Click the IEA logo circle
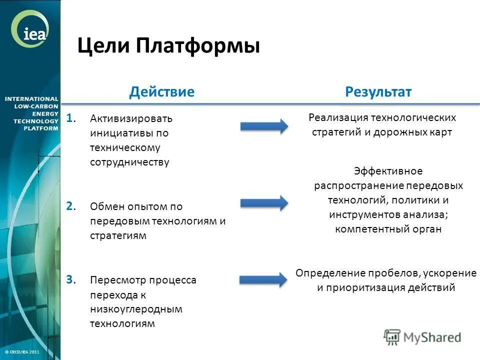point(30,31)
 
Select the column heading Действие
point(161,91)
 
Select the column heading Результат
point(378,91)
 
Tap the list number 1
point(70,118)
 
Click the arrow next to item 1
point(264,126)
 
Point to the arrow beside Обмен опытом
point(264,202)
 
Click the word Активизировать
point(131,119)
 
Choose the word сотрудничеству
point(130,162)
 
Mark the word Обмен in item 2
point(104,206)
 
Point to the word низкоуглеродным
point(136,309)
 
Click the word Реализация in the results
point(337,117)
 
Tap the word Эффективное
point(388,171)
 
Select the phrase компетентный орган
point(388,229)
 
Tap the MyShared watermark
point(422,337)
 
